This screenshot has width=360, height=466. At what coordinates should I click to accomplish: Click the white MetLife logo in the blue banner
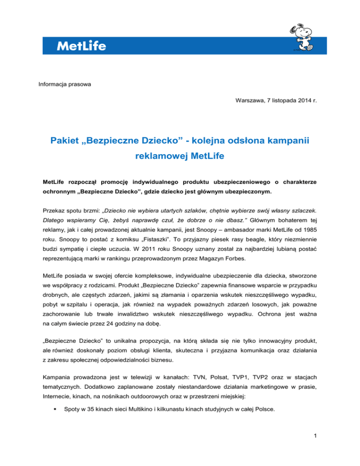81,46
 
